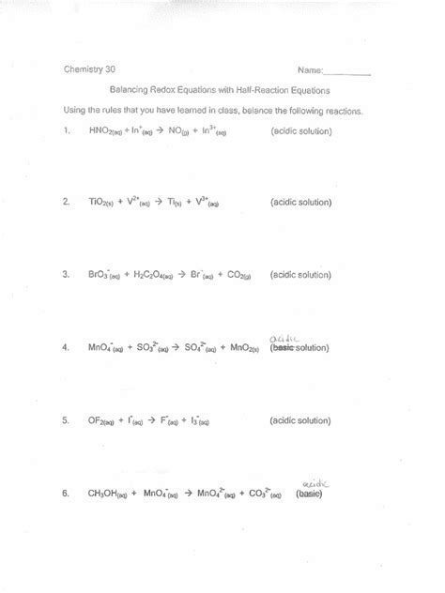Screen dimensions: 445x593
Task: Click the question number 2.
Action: tap(67, 202)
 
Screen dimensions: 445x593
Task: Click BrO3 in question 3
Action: tap(103, 275)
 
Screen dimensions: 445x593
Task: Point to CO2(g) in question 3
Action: tap(233, 275)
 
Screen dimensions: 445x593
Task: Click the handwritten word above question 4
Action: tap(283, 337)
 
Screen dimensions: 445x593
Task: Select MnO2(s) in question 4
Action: tap(247, 348)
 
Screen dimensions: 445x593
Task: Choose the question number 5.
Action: tap(67, 420)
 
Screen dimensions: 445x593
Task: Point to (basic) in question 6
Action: tap(309, 493)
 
